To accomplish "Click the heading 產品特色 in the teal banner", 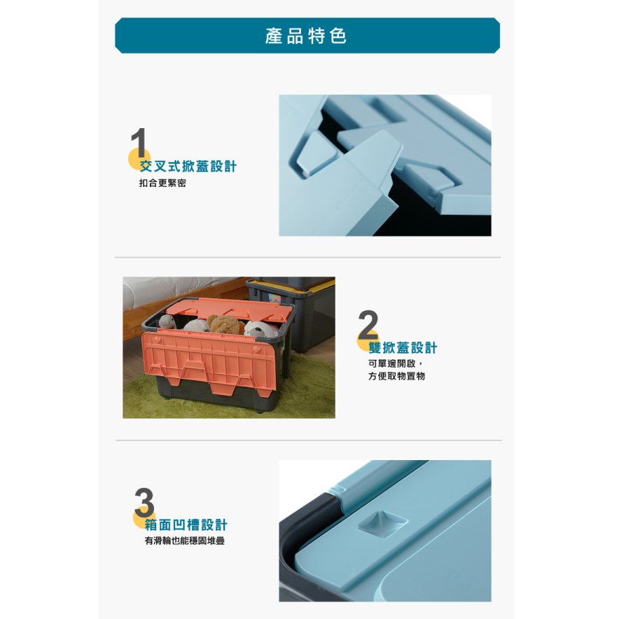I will coord(307,36).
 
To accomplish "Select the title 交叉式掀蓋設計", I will coord(188,167).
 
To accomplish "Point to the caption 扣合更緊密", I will coord(162,183).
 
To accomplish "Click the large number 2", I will coord(368,326).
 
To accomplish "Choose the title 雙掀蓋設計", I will coord(403,348).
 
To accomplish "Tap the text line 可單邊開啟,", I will coord(396,363).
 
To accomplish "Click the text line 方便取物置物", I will coord(396,377).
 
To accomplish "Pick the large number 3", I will coord(144,503).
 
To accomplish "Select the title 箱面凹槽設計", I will coord(186,525).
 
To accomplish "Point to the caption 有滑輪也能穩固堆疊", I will coord(184,541).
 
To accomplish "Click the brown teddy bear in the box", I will coord(224,325).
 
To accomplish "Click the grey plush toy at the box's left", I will coord(167,322).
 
